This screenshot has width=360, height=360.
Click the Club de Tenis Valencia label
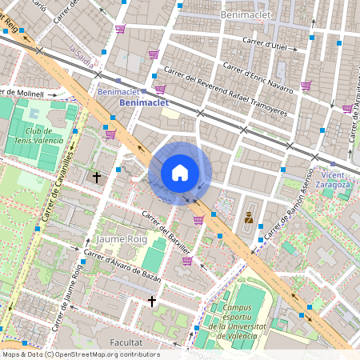point(31,138)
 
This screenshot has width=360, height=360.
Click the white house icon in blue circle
point(180,173)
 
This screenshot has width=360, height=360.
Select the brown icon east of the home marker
point(249,217)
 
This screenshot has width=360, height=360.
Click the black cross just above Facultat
point(152,301)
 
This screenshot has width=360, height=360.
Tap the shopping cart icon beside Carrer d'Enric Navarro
point(306,86)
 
